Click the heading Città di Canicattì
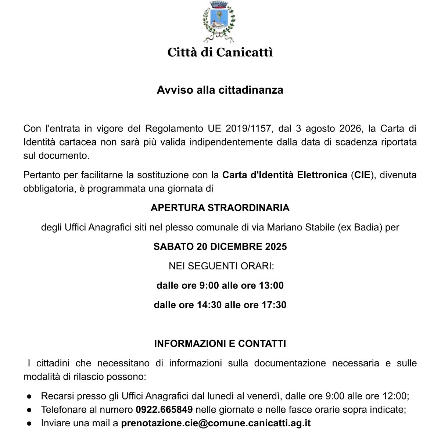[220, 52]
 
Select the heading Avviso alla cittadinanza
[220, 90]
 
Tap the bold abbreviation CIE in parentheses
[362, 175]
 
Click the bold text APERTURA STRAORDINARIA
[220, 208]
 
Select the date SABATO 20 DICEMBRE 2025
[220, 247]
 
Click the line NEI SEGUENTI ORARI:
[221, 266]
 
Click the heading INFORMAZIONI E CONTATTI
[220, 344]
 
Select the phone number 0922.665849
[164, 410]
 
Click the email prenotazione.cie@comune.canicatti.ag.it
[216, 423]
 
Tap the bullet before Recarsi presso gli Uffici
[29, 397]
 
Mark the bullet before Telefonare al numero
[29, 410]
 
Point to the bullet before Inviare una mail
[29, 424]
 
